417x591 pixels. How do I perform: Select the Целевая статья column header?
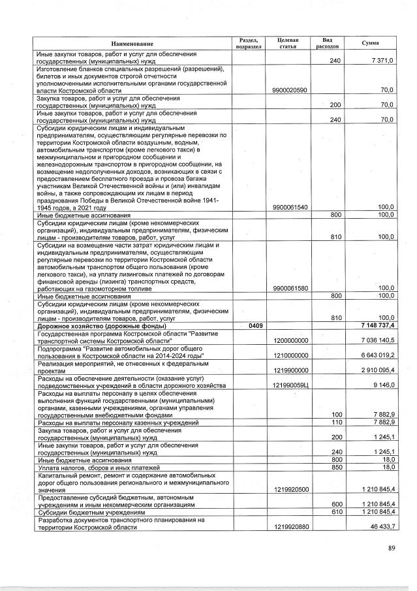(288, 43)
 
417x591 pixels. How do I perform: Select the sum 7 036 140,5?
(374, 340)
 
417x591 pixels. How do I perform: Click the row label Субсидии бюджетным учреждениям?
(85, 512)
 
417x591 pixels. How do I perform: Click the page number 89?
(391, 547)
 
